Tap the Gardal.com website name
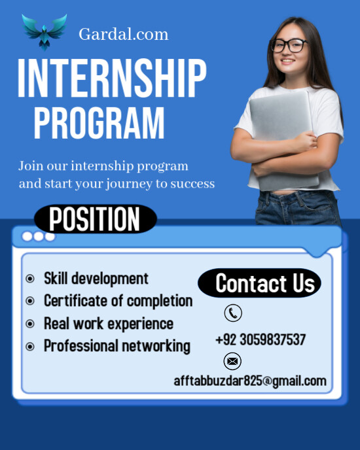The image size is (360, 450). tap(123, 34)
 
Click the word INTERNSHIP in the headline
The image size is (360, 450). tap(112, 78)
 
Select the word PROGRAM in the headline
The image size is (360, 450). tap(99, 123)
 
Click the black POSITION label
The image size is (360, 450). tap(95, 219)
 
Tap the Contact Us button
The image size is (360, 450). tap(265, 283)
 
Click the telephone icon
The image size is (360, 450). tap(233, 313)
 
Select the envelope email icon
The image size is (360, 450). tap(232, 361)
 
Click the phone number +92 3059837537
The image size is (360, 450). tap(260, 340)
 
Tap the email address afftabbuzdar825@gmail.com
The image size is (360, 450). tap(249, 381)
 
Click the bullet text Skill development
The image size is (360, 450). tap(96, 279)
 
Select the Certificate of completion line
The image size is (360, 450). tap(118, 301)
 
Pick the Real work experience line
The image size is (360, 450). tap(108, 323)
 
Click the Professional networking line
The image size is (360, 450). tap(117, 346)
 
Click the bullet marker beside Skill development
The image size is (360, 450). tap(30, 279)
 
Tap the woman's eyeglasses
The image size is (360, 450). tap(288, 45)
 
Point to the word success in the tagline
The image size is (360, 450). tap(192, 184)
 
